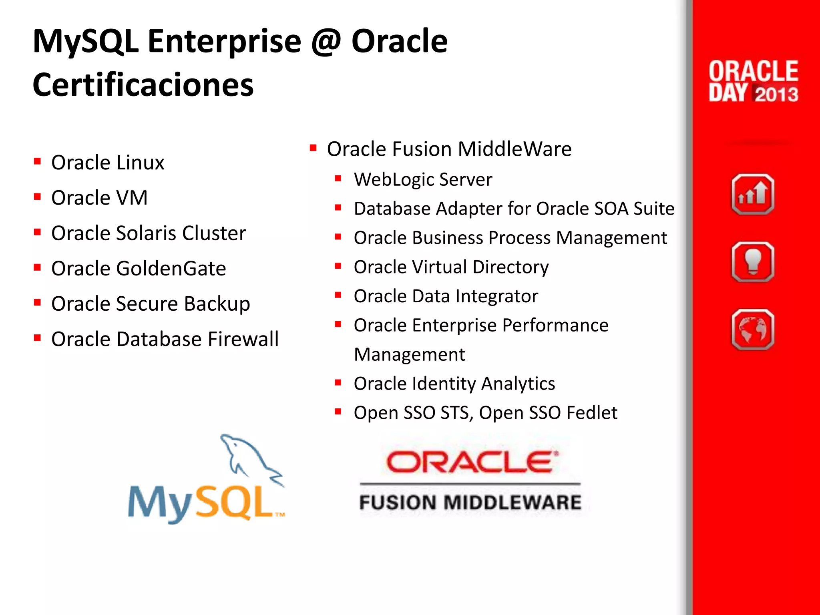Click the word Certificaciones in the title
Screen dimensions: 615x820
click(143, 85)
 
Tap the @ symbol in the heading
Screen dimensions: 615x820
click(326, 42)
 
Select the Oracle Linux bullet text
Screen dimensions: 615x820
click(108, 163)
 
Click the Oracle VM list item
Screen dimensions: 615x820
click(99, 198)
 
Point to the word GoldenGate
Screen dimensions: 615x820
click(171, 268)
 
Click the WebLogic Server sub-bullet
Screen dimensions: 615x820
click(423, 179)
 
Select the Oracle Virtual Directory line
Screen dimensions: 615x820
click(451, 267)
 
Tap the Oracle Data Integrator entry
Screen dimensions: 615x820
click(446, 296)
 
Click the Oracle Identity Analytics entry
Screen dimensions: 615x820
click(454, 384)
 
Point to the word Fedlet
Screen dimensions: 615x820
click(592, 413)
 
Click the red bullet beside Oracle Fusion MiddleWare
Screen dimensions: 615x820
click(313, 149)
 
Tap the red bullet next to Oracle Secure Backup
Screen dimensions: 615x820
click(38, 303)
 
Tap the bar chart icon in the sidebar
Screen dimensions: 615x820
click(753, 195)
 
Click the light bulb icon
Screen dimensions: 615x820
click(753, 262)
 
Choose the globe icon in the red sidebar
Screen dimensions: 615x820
click(753, 330)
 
